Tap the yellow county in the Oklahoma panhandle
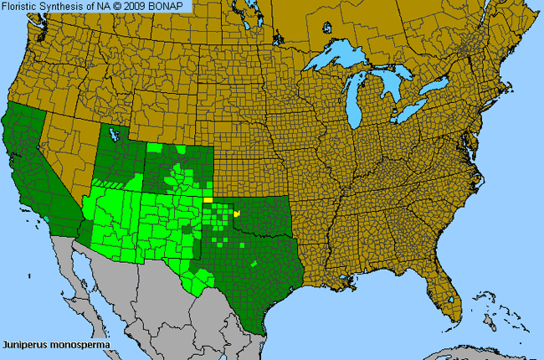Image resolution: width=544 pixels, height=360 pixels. pyautogui.click(x=208, y=201)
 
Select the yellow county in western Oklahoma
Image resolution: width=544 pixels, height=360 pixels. pyautogui.click(x=237, y=214)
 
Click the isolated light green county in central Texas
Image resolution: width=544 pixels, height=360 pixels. pyautogui.click(x=253, y=264)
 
